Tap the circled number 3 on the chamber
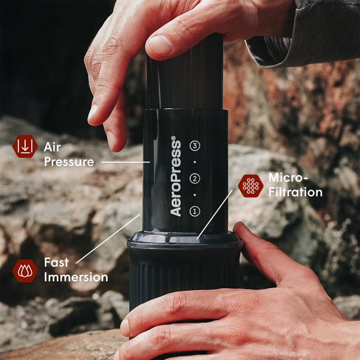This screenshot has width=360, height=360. (x=194, y=145)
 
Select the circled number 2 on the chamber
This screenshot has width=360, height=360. (x=194, y=178)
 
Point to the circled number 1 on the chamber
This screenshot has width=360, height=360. (x=194, y=210)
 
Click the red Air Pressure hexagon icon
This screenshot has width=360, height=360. (x=25, y=147)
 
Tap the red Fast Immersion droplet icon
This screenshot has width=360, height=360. (x=25, y=270)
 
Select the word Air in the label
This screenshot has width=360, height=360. (x=52, y=147)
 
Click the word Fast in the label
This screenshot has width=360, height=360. (x=57, y=262)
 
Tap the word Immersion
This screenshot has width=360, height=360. (x=76, y=277)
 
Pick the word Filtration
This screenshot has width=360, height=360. (x=296, y=192)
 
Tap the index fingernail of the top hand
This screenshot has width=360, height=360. (x=93, y=112)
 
